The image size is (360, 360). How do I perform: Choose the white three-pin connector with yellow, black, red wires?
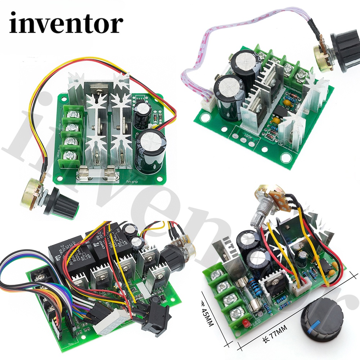(298, 288)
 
